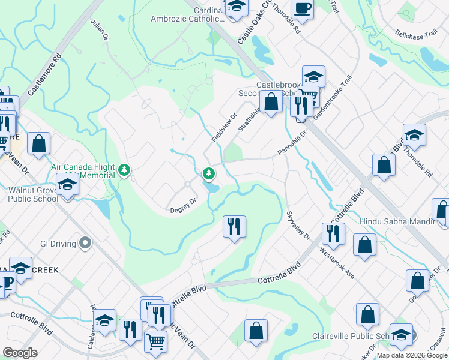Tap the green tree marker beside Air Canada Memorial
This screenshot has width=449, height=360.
[x=124, y=170]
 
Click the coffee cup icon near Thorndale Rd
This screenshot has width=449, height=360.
[x=302, y=9]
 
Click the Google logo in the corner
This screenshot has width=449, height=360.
[x=20, y=353]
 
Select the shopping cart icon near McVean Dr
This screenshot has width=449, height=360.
[x=155, y=341]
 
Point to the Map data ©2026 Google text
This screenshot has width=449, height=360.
[x=412, y=355]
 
